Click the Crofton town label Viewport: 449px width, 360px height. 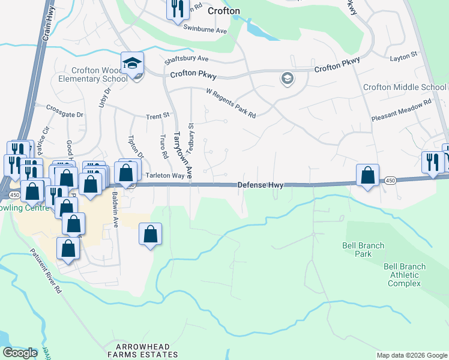[223, 11]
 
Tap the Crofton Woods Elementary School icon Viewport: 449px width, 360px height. [132, 63]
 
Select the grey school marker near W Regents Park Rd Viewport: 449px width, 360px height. [287, 79]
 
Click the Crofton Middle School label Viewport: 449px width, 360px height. [405, 88]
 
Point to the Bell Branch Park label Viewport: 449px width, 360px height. [363, 250]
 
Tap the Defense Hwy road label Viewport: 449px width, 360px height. [260, 186]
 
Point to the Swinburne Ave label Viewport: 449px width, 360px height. [205, 29]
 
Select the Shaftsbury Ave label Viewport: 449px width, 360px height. [186, 59]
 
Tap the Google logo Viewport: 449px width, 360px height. [20, 353]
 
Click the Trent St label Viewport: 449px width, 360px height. [158, 115]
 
